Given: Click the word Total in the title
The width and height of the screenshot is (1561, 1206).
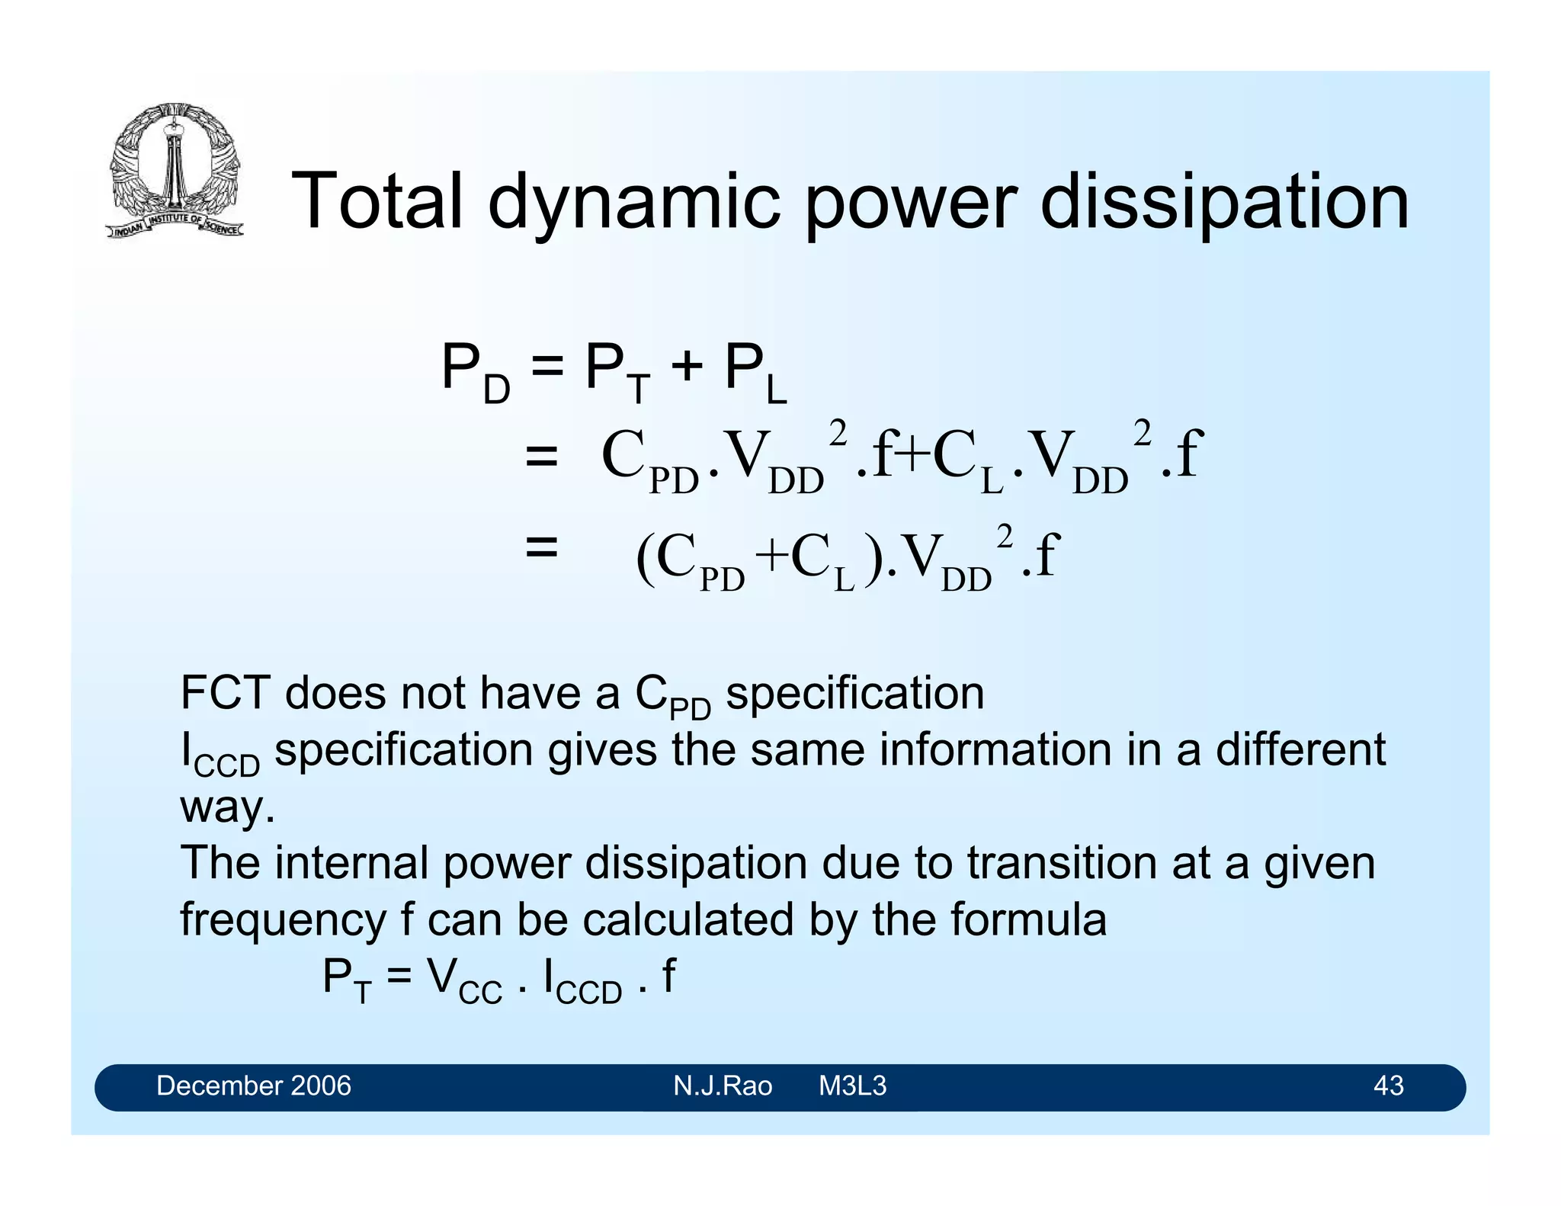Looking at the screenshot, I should (x=377, y=201).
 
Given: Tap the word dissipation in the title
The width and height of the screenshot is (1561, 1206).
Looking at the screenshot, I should (x=1225, y=203).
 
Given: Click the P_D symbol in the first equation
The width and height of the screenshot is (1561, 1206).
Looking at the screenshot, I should (x=475, y=373).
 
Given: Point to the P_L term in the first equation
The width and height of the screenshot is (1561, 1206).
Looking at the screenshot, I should (x=755, y=373).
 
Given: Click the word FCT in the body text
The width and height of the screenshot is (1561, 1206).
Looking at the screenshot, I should (x=226, y=693).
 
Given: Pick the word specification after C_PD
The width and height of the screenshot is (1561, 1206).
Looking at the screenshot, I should (x=854, y=694).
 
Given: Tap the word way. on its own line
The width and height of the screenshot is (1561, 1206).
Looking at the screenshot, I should (x=227, y=807).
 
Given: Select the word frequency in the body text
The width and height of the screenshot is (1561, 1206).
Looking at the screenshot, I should (x=283, y=920).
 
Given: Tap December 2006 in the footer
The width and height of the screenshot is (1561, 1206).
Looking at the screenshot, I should (x=253, y=1086).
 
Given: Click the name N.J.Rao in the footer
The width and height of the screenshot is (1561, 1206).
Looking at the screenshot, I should (x=722, y=1086).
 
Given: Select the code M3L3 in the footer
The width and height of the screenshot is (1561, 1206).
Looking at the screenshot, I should (x=852, y=1086).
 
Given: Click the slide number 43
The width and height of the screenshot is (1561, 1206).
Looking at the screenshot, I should (x=1388, y=1086).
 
